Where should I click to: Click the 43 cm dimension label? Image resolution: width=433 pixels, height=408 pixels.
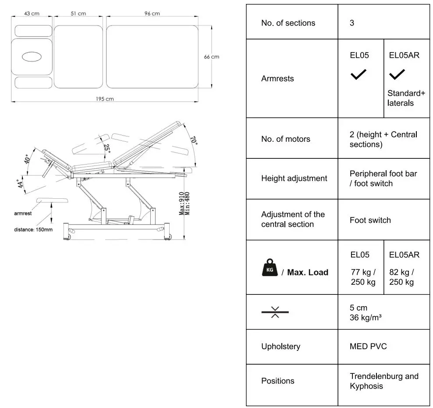pos(32,14)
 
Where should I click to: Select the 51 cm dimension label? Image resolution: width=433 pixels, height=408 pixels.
pos(78,14)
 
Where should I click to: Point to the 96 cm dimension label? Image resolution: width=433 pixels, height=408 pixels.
pos(152,14)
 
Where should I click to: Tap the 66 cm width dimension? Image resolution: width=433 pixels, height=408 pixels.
pos(212,57)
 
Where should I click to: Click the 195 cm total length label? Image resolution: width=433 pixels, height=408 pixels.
pos(105,99)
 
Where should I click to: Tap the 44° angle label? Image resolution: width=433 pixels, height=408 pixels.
pos(19,184)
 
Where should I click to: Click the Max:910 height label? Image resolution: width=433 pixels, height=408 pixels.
pos(182,204)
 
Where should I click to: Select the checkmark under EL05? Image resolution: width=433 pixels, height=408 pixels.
pos(358,75)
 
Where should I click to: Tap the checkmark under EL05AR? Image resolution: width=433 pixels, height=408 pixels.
pos(397,75)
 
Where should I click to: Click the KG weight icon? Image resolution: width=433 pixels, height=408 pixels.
pos(270,268)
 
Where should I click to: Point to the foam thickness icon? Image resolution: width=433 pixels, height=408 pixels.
pos(275,312)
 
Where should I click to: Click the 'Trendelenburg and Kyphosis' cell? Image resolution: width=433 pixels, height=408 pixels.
pos(384,381)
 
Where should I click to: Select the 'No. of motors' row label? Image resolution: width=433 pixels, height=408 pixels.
pos(285,139)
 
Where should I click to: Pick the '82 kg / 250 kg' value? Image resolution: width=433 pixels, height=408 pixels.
pos(401,277)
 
